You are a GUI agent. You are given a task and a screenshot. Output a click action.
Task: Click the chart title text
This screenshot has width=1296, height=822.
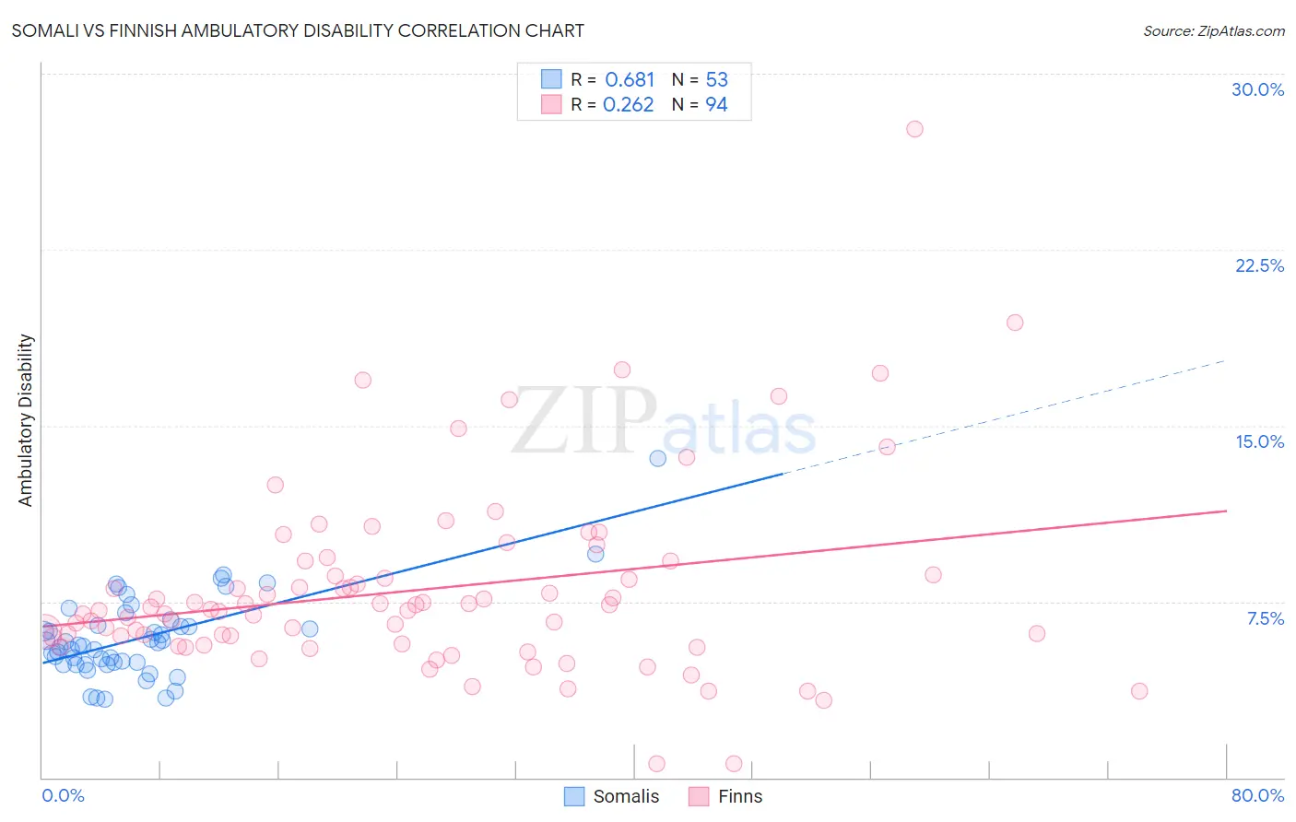(298, 30)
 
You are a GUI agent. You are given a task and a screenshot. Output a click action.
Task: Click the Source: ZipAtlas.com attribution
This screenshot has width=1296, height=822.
(1213, 30)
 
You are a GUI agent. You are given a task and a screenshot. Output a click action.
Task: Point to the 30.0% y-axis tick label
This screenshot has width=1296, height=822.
(1257, 89)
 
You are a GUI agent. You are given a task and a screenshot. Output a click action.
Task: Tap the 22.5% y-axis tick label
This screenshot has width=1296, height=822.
(1259, 265)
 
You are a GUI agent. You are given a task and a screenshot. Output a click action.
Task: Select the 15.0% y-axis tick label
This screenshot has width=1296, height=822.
(1259, 441)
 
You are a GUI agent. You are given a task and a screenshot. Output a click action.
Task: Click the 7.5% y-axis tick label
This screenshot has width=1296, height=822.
(1265, 618)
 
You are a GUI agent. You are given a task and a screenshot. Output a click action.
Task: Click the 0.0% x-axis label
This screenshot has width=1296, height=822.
(63, 795)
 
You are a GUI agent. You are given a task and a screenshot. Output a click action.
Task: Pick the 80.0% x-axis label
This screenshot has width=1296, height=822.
(1257, 795)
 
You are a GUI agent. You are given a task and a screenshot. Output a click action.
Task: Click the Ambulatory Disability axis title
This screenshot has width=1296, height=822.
(26, 419)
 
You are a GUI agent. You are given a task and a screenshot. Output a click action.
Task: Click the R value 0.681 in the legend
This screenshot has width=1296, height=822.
(630, 80)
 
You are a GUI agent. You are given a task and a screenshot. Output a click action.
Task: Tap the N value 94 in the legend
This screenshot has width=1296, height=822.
(716, 105)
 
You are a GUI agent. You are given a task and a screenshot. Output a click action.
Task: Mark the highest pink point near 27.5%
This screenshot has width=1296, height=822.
(914, 129)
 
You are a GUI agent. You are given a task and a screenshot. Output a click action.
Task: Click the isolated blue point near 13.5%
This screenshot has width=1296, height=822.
(657, 458)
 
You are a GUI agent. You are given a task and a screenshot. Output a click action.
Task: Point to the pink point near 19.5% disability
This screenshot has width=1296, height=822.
(1015, 323)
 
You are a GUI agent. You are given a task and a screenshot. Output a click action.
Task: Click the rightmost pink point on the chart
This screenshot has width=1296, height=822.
(1139, 691)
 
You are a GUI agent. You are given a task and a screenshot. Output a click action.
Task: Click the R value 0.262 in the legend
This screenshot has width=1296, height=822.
(628, 105)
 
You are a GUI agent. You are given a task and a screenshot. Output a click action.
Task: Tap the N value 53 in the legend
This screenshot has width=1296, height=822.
(716, 80)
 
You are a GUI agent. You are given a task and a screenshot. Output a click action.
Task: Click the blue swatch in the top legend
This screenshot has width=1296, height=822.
(551, 79)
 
